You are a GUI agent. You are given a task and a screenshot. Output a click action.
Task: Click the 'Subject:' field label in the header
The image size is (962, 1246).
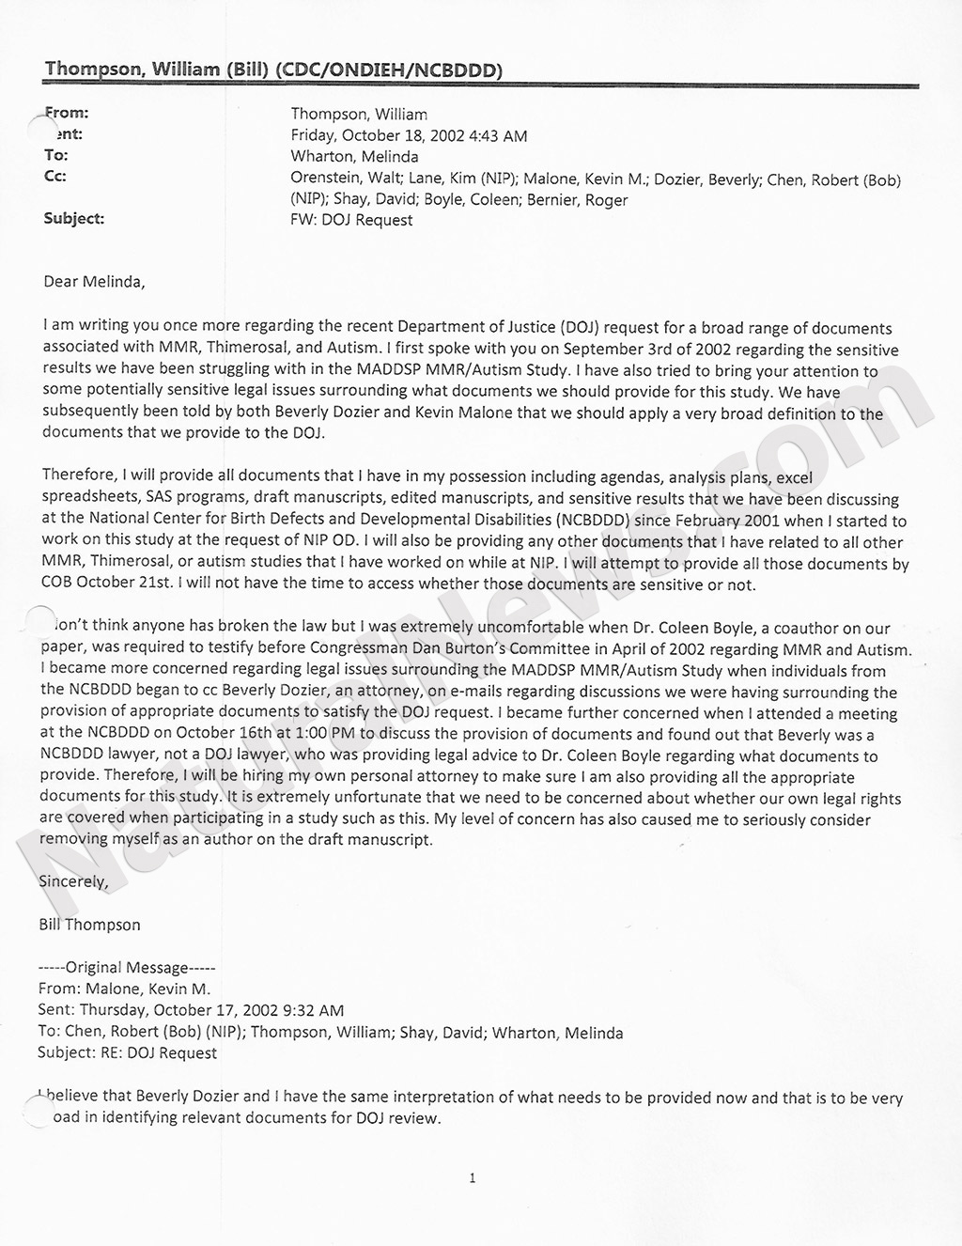tap(74, 219)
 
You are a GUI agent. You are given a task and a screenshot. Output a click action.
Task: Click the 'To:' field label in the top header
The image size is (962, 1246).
tap(56, 156)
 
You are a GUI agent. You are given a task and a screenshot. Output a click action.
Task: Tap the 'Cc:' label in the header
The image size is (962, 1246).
tap(55, 177)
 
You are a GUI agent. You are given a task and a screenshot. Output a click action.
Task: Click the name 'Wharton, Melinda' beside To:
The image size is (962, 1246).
tap(354, 156)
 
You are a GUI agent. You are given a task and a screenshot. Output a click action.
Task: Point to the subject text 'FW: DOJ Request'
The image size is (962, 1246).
tap(351, 220)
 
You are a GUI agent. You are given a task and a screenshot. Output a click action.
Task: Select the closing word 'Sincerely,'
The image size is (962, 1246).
tap(73, 881)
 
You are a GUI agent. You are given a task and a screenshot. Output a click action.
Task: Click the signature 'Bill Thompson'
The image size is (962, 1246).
tap(89, 925)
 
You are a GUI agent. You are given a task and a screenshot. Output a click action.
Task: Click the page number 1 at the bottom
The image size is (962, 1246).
tap(473, 1178)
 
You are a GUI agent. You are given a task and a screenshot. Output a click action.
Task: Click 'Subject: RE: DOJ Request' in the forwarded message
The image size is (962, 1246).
tap(127, 1052)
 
